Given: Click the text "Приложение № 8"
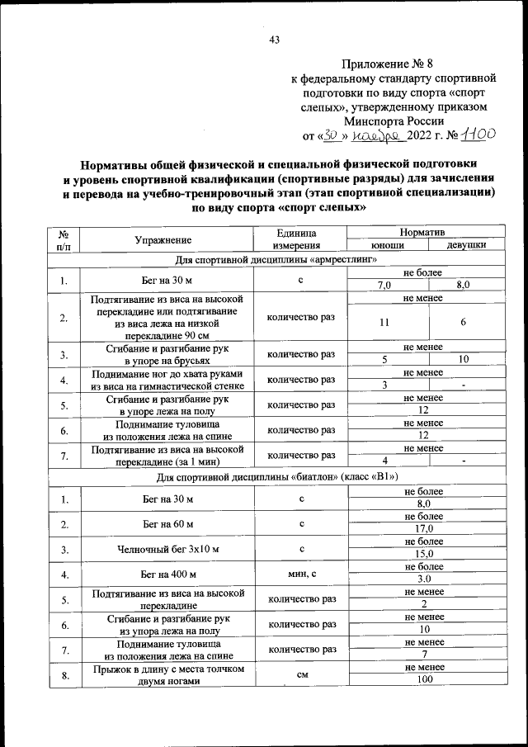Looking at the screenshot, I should point(381,64).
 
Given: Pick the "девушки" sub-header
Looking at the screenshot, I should point(465,246).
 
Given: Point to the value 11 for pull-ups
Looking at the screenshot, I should point(385,324).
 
